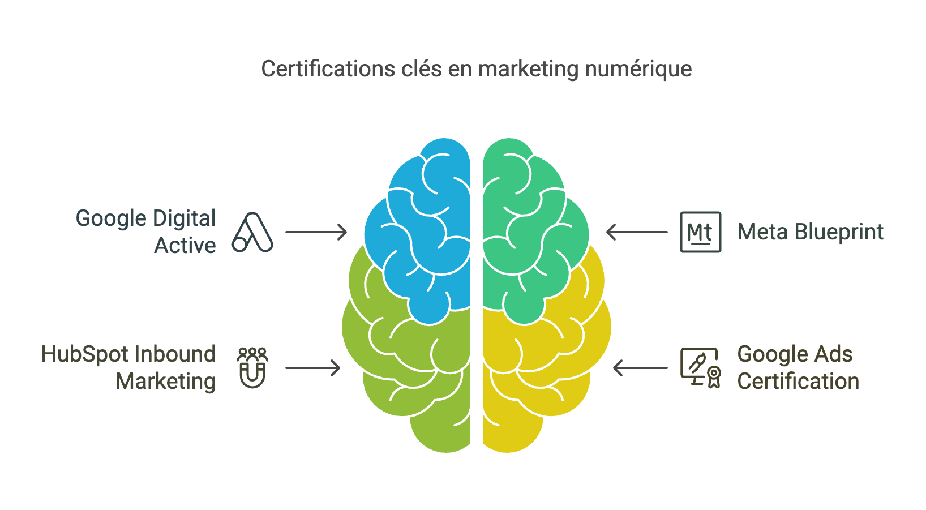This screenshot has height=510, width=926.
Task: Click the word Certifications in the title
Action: pos(328,69)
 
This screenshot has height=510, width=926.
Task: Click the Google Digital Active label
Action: pos(146,232)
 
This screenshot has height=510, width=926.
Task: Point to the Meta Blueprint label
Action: pos(810,232)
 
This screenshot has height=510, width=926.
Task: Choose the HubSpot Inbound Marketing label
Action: pos(129,367)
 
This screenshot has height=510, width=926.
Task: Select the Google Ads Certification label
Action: pos(798,367)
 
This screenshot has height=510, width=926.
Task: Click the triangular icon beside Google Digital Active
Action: pos(252,232)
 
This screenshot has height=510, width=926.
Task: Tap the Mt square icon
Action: pos(700,232)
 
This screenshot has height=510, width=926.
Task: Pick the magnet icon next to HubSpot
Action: pos(252,368)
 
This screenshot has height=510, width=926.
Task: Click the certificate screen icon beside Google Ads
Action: pos(700,368)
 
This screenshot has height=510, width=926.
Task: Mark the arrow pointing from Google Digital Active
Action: pos(316,232)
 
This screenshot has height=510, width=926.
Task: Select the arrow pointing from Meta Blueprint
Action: pos(637,232)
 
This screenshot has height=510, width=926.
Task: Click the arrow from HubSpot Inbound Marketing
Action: pos(312,368)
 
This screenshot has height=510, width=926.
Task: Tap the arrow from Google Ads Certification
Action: pos(640,368)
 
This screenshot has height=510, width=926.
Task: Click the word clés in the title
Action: pos(421,69)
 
